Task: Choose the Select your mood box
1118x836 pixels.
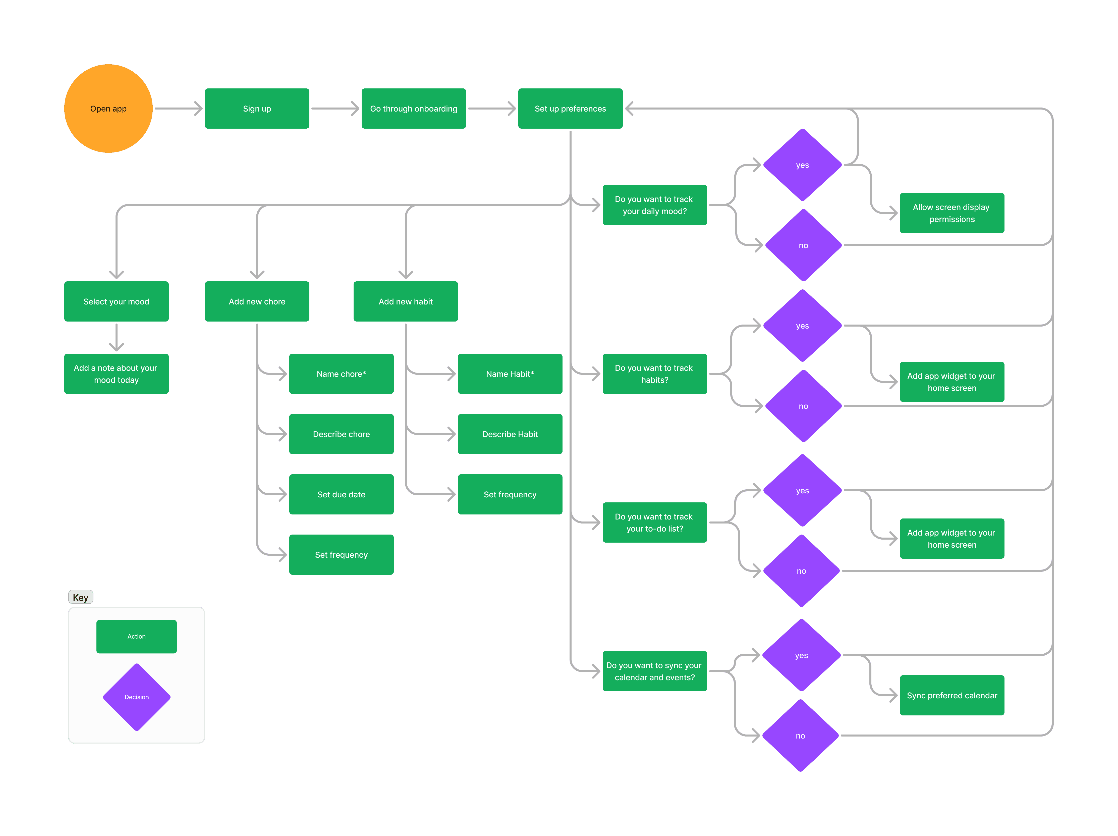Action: pos(116,301)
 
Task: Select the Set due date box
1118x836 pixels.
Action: pos(341,494)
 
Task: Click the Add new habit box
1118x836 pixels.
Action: pos(405,301)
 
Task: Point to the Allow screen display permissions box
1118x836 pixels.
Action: pos(952,213)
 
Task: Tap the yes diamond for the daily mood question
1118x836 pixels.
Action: pos(802,165)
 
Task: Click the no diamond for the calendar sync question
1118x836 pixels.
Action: pos(800,736)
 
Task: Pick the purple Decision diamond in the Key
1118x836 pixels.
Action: pos(136,697)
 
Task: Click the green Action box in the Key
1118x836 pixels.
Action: pos(136,636)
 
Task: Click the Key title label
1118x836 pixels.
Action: pos(80,597)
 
